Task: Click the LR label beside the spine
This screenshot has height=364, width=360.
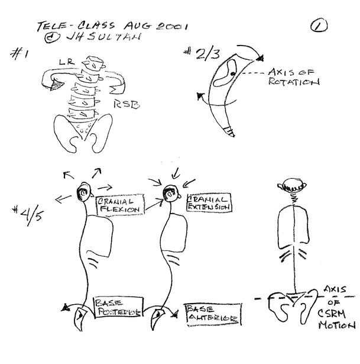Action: pyautogui.click(x=65, y=62)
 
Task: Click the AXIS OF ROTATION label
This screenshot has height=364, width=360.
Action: pyautogui.click(x=293, y=77)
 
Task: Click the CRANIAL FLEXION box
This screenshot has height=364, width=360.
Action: pyautogui.click(x=119, y=204)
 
